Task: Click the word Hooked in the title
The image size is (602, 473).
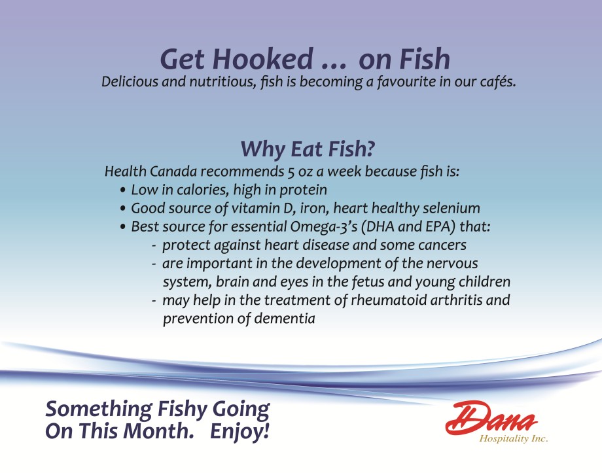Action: coord(263,59)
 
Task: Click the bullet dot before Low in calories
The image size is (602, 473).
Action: coord(123,190)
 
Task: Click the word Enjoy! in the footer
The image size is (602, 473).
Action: coord(240,431)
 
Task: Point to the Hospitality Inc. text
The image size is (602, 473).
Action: coord(514,438)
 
